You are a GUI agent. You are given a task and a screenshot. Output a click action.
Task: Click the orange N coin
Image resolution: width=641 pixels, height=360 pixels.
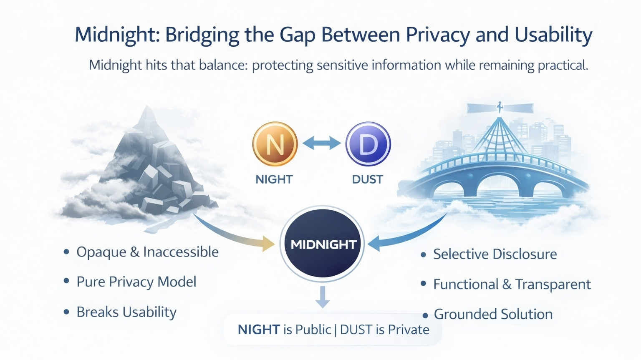[275, 144]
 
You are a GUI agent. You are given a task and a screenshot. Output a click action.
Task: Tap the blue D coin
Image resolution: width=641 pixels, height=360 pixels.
[368, 144]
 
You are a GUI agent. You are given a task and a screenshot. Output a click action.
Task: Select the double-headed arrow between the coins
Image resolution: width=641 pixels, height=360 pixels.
[321, 143]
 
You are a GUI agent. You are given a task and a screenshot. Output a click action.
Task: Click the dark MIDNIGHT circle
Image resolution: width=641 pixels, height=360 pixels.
[322, 244]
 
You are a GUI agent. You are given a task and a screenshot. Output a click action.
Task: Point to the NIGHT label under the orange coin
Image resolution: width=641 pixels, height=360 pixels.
[274, 179]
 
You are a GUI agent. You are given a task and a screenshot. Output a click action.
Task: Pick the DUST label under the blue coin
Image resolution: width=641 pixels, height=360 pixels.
[367, 179]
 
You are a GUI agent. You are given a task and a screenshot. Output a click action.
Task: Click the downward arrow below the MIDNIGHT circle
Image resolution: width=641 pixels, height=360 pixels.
[322, 297]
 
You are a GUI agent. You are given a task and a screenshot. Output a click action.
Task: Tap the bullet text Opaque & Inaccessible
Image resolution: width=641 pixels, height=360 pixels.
[147, 252]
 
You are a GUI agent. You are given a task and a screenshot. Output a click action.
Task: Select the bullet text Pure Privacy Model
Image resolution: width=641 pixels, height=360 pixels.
[136, 282]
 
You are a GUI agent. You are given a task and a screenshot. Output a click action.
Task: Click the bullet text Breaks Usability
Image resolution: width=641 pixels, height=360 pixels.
[126, 312]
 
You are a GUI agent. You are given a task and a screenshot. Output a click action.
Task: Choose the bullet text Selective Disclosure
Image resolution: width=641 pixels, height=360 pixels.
[495, 254]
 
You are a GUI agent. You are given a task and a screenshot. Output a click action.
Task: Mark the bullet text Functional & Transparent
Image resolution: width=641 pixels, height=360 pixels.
[512, 284]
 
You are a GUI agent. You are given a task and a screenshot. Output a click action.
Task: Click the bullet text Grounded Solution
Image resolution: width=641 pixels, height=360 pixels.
[493, 314]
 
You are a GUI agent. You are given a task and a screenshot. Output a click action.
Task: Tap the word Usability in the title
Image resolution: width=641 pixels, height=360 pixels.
[553, 35]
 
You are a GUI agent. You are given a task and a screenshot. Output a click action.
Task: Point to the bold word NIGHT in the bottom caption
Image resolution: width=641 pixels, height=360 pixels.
[258, 330]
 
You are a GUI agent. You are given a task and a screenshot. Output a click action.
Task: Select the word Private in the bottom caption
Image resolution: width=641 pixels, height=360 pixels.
[409, 330]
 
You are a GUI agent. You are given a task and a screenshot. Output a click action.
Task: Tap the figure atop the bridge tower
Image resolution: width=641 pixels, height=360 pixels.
[500, 107]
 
